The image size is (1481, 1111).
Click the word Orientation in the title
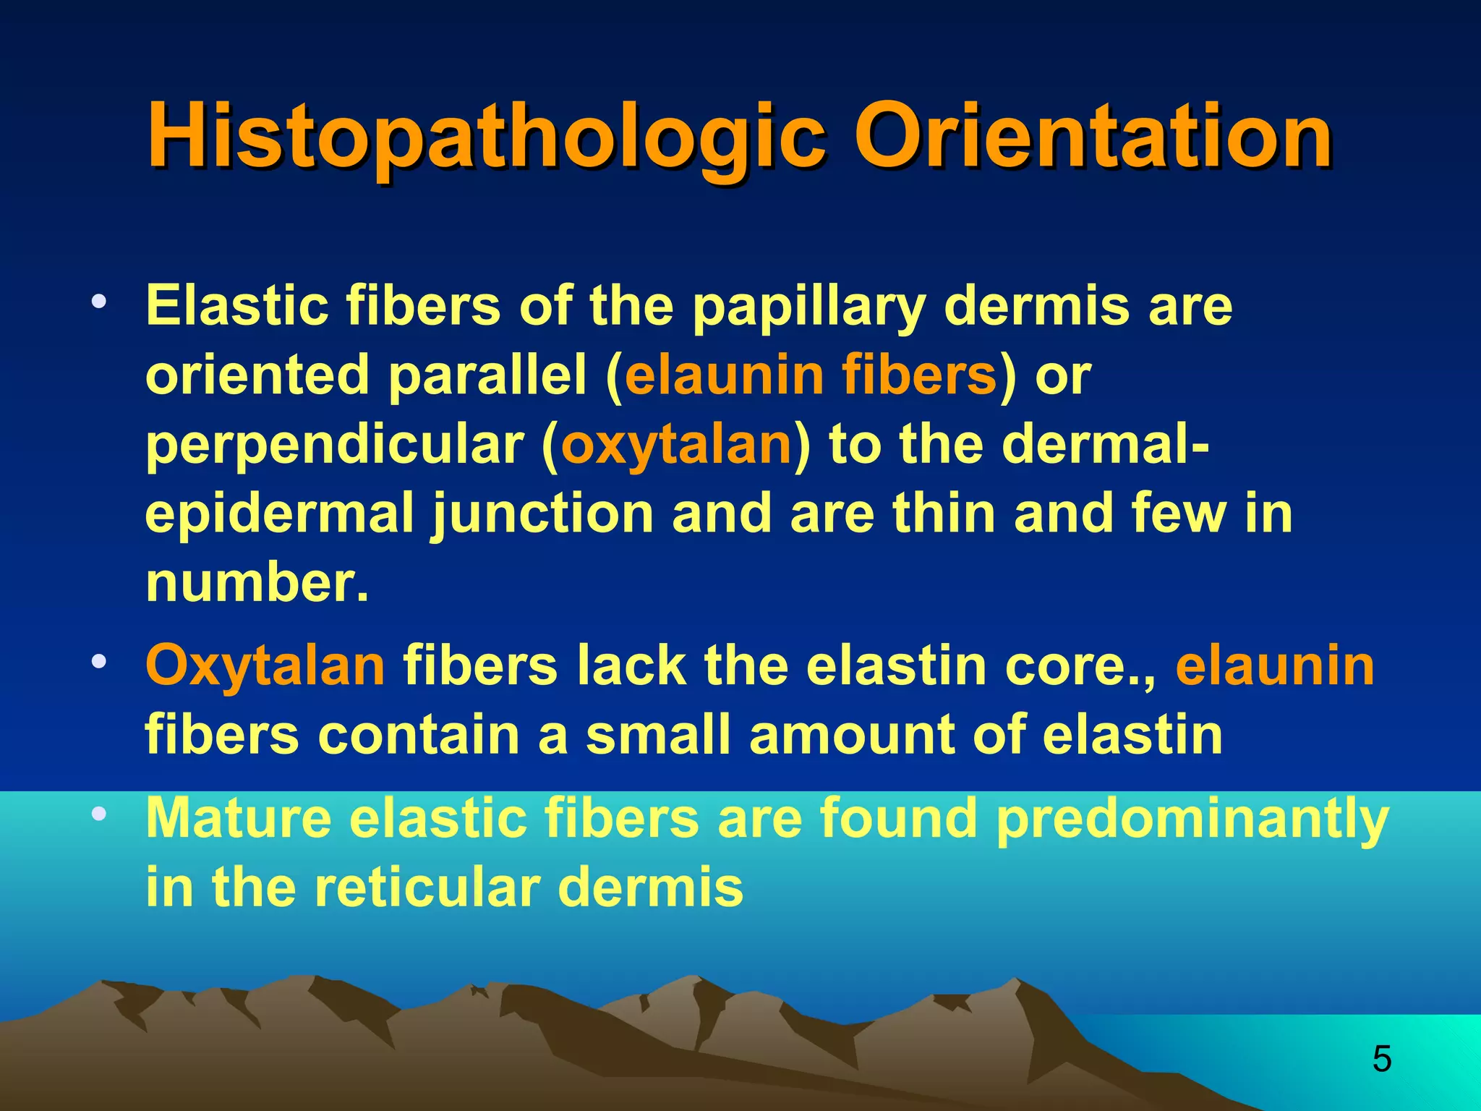tap(1093, 136)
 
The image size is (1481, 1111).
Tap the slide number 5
tap(1381, 1059)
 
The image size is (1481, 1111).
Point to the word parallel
tap(488, 375)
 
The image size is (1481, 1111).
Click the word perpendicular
tap(335, 445)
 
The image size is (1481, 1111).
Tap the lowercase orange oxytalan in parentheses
tap(676, 445)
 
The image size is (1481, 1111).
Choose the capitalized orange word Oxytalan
tap(265, 666)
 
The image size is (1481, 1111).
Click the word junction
tap(543, 514)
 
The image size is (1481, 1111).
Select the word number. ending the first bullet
tap(257, 583)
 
